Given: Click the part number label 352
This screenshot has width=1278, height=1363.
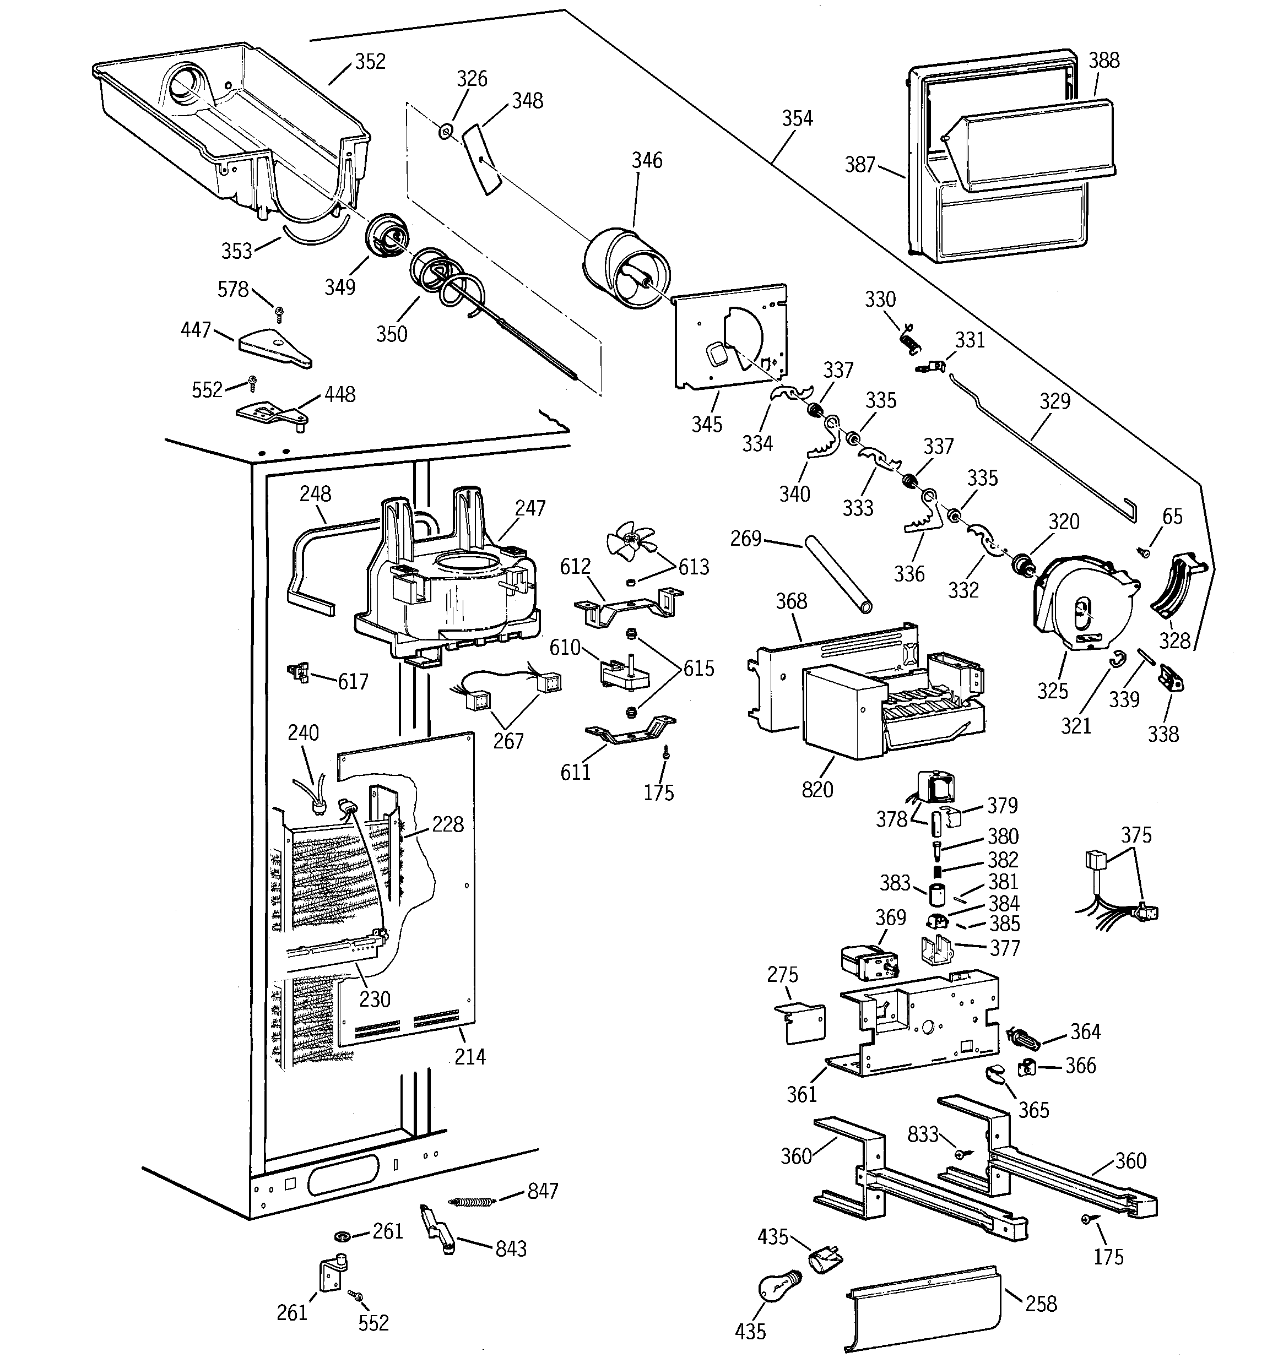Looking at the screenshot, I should [370, 62].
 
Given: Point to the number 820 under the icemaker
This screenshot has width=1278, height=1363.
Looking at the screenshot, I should [817, 789].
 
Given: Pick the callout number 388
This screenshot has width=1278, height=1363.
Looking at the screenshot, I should [1104, 61].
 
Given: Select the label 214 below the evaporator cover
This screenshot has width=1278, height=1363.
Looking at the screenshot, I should [470, 1056].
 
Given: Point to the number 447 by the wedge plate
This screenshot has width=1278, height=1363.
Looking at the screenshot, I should [196, 330].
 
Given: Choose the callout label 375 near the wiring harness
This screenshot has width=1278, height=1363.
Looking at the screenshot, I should [1136, 835].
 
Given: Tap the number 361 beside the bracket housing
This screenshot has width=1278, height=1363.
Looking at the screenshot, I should [802, 1094].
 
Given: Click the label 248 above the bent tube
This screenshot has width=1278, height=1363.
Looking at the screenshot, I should [315, 493].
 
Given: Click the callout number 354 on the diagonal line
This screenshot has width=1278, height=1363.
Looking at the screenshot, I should [797, 118].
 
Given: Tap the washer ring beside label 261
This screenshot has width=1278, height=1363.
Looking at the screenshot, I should [342, 1236].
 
